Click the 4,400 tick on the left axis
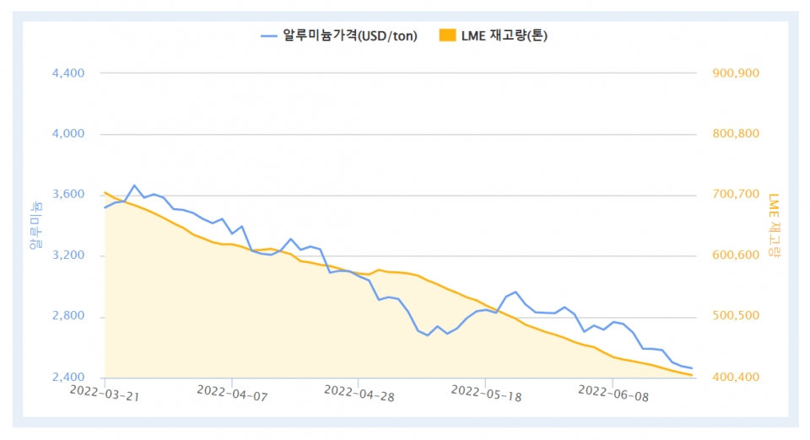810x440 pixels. click(68, 73)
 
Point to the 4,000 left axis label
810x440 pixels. click(68, 134)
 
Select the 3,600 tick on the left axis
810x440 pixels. click(68, 195)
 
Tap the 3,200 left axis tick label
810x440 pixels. click(68, 255)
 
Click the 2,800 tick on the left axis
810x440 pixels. click(68, 317)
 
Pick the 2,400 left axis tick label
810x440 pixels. click(68, 378)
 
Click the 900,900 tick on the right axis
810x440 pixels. click(737, 73)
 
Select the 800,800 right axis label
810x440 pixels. click(737, 134)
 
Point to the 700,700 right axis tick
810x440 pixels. click(737, 195)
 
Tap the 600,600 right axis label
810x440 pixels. click(737, 255)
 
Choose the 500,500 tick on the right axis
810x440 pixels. click(737, 317)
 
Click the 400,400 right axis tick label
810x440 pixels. click(737, 378)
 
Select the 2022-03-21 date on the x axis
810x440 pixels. click(104, 392)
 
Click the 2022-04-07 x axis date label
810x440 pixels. click(231, 392)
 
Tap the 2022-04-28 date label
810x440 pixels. click(359, 392)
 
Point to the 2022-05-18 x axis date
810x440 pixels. click(486, 392)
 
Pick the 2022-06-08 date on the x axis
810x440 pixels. click(613, 392)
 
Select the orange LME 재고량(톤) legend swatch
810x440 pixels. click(447, 35)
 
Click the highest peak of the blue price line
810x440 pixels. click(134, 185)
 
